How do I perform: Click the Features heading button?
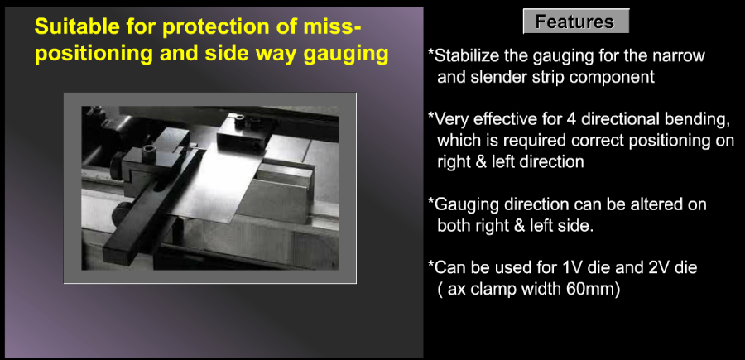point(576,22)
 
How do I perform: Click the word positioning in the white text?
point(667,141)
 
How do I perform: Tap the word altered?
point(645,204)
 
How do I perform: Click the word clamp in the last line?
point(495,289)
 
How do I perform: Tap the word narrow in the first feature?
point(681,56)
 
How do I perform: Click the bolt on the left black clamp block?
point(147,155)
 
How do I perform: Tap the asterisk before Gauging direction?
point(431,201)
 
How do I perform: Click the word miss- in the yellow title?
point(329,27)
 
